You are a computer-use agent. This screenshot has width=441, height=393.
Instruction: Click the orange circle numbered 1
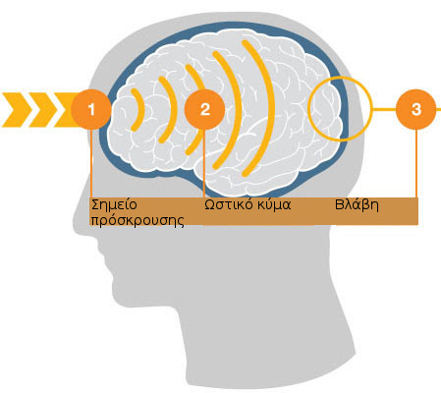point(91,109)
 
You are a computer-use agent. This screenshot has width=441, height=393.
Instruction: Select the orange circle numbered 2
point(204,109)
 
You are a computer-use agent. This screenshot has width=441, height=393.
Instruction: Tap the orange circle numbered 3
point(416,109)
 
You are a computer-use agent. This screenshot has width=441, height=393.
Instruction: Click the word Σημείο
point(114,205)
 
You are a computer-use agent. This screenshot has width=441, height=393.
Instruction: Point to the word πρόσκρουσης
point(138,220)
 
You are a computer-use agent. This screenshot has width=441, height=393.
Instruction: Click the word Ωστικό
point(229,204)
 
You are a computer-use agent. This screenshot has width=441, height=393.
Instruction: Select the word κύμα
point(274,205)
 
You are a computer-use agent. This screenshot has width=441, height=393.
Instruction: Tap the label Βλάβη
point(357,205)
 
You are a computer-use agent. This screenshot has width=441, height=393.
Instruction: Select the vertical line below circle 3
point(416,163)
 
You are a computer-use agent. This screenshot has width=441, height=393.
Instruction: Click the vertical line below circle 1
point(91,163)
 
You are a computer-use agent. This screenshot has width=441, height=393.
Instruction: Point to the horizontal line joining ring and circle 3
point(384,109)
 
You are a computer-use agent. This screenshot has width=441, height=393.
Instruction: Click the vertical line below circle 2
point(204,163)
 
